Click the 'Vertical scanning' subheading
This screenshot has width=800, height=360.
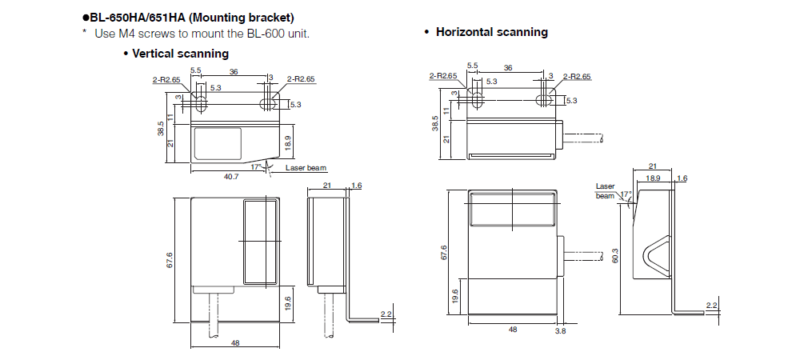coord(180,54)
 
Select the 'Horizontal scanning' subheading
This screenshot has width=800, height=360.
coord(491,32)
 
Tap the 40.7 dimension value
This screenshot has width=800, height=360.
coord(230,176)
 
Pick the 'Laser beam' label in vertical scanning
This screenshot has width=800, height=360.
coord(306,168)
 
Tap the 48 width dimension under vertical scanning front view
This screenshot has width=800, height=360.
coord(235,343)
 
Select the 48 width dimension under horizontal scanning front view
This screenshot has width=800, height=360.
coord(512,329)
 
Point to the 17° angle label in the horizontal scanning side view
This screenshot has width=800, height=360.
coord(626,194)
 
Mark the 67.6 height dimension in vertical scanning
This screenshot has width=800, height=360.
coord(170,260)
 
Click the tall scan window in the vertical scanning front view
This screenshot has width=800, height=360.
coord(258,242)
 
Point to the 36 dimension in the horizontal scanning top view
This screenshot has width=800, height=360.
coord(508,67)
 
